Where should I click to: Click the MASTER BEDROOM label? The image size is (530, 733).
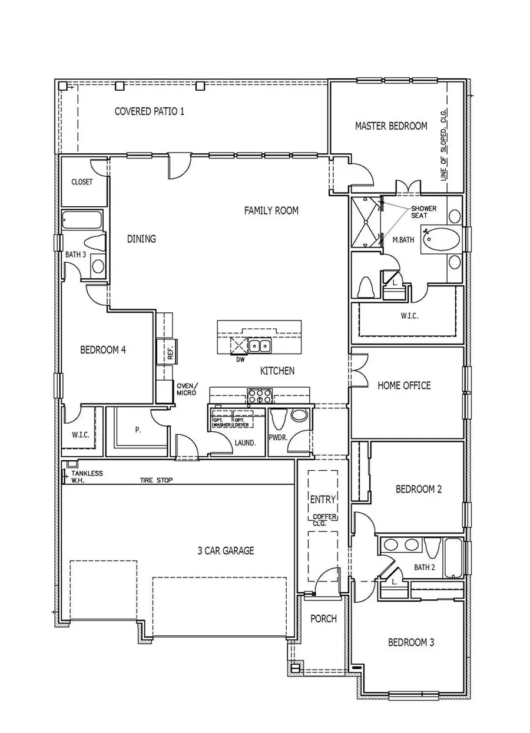(391, 126)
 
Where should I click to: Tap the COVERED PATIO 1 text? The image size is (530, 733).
(149, 111)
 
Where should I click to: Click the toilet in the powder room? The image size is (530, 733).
(279, 419)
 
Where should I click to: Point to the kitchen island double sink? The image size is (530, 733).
(259, 345)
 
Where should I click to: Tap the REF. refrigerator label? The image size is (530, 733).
(170, 353)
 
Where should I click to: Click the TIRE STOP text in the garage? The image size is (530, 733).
(156, 480)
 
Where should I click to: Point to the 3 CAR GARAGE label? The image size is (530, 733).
(226, 551)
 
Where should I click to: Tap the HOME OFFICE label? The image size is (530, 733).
(404, 385)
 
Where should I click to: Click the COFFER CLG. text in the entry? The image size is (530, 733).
(323, 520)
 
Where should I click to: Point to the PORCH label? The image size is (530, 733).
(323, 619)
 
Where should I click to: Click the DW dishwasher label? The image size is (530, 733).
(240, 359)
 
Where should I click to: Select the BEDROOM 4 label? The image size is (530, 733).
(103, 349)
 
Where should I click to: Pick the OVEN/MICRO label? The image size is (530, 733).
(187, 389)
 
